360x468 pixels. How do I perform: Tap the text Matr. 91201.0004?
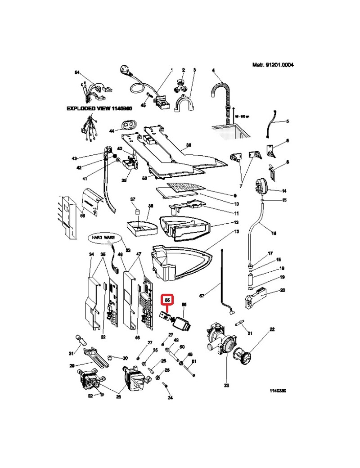pos(273,65)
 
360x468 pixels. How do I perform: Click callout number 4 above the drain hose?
pos(213,70)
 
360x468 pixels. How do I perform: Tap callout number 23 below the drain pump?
pos(226,385)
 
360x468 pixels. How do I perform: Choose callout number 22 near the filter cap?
pos(272,329)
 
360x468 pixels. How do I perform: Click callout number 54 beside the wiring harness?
pos(76,73)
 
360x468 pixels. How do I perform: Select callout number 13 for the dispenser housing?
pos(236,232)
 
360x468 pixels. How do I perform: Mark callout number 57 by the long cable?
pos(202,296)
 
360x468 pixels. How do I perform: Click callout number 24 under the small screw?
pos(170,398)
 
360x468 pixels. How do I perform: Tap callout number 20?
pos(282,290)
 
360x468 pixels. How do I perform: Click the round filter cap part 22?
pos(247,359)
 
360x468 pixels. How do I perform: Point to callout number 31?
pos(71,352)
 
